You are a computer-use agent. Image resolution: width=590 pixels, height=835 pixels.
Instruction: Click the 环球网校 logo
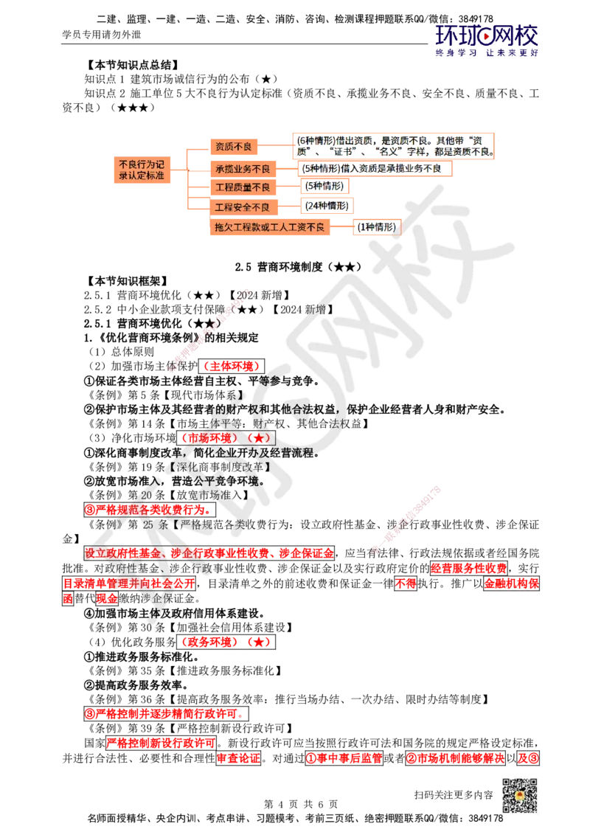click(x=487, y=41)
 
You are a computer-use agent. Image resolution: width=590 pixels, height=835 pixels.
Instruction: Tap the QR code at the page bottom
click(x=519, y=796)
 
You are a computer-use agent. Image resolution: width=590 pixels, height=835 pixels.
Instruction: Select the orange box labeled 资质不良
click(x=233, y=147)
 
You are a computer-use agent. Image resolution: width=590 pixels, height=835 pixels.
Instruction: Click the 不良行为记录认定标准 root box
click(x=142, y=170)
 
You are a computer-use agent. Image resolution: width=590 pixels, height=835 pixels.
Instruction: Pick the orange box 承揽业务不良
click(x=243, y=169)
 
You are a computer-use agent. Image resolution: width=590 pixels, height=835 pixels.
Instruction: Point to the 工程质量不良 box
click(x=243, y=187)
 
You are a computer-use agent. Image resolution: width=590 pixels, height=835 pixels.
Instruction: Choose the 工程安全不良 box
click(x=243, y=207)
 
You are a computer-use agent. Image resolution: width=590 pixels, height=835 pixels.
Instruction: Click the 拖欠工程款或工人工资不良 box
click(x=269, y=227)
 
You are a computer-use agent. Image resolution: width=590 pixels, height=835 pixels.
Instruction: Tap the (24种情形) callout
click(x=327, y=206)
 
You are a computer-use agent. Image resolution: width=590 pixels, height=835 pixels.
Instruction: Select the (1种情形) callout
click(x=376, y=227)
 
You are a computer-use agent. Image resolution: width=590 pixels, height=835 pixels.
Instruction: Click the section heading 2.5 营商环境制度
click(x=298, y=267)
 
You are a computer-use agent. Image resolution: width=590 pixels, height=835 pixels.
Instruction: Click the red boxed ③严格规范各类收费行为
click(x=150, y=510)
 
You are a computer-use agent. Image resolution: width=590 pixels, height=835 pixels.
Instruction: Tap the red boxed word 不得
click(x=406, y=583)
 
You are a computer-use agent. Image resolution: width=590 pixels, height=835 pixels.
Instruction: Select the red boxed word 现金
click(x=106, y=598)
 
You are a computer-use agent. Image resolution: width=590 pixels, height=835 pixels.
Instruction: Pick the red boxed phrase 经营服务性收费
click(x=469, y=568)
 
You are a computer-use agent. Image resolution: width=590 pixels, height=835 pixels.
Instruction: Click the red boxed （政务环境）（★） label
click(x=226, y=642)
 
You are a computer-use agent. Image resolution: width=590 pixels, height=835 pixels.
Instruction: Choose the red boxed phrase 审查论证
click(x=238, y=758)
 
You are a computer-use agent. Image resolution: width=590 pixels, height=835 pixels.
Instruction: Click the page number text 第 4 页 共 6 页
click(x=301, y=804)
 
